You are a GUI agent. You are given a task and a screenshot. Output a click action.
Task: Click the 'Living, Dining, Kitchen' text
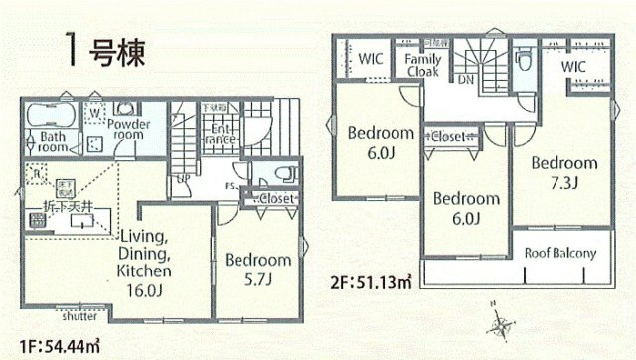pyautogui.click(x=146, y=252)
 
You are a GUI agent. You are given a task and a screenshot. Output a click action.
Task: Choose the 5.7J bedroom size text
pyautogui.click(x=257, y=279)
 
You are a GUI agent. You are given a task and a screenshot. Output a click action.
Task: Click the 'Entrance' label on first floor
pyautogui.click(x=221, y=134)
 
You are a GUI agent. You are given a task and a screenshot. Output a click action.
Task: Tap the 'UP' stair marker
pyautogui.click(x=183, y=180)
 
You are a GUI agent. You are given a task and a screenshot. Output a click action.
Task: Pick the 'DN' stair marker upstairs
pyautogui.click(x=465, y=79)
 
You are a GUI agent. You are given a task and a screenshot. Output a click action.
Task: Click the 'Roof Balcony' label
pyautogui.click(x=560, y=253)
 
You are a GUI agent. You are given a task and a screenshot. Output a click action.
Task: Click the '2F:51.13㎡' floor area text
pyautogui.click(x=370, y=280)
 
